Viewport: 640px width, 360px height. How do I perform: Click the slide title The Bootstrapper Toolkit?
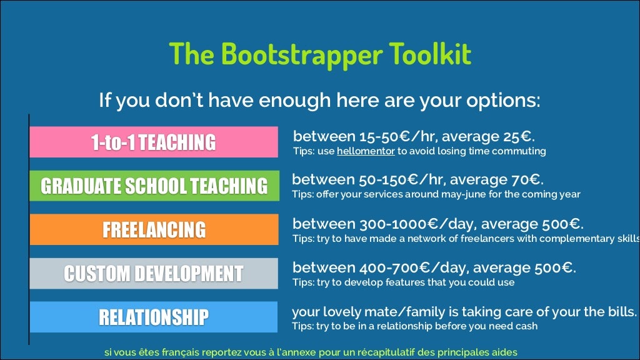(x=319, y=54)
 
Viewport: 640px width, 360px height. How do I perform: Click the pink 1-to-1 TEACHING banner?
(x=154, y=142)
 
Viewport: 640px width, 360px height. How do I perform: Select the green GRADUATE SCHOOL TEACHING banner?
(x=154, y=186)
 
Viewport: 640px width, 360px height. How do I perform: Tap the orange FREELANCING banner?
(x=154, y=229)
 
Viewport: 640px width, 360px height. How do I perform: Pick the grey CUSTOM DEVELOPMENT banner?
(x=154, y=273)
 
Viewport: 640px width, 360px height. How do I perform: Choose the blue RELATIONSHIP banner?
(x=154, y=317)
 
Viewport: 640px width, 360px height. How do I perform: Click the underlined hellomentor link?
(x=362, y=151)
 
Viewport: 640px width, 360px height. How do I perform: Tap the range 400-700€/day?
(x=404, y=268)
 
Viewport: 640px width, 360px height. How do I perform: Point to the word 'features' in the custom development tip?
(x=401, y=282)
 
